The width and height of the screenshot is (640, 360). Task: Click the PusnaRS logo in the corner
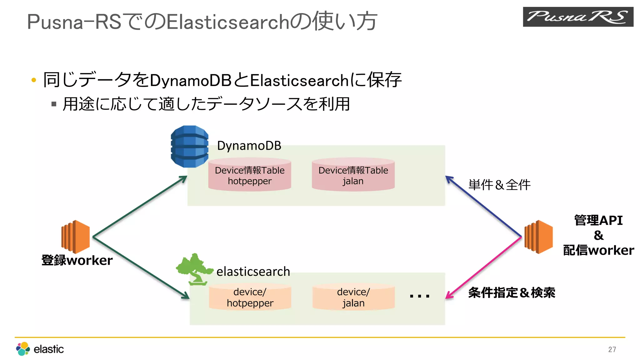[x=578, y=17]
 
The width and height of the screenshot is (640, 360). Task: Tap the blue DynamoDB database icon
[x=189, y=146]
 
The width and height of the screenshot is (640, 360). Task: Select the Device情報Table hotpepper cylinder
[x=250, y=175]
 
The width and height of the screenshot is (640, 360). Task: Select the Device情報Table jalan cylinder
[x=353, y=175]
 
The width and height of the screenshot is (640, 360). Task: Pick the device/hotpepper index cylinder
[x=250, y=297]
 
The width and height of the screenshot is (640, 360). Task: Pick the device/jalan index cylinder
[x=353, y=297]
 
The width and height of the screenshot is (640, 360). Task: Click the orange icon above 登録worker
[x=76, y=237]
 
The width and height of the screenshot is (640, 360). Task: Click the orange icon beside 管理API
[x=538, y=237]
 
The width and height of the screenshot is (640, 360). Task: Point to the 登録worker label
[x=77, y=260]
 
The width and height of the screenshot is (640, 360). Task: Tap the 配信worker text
[x=598, y=250]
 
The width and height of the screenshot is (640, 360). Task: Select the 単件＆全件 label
[x=499, y=185]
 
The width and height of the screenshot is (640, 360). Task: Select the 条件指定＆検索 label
[x=512, y=293]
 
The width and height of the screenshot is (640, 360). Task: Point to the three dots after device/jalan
[x=419, y=296]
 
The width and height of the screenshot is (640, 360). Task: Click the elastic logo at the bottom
[x=40, y=349]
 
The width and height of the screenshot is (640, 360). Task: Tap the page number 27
[x=612, y=349]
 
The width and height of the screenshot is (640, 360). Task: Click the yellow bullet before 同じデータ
[x=34, y=80]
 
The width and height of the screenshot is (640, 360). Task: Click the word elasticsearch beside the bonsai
[x=253, y=272]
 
